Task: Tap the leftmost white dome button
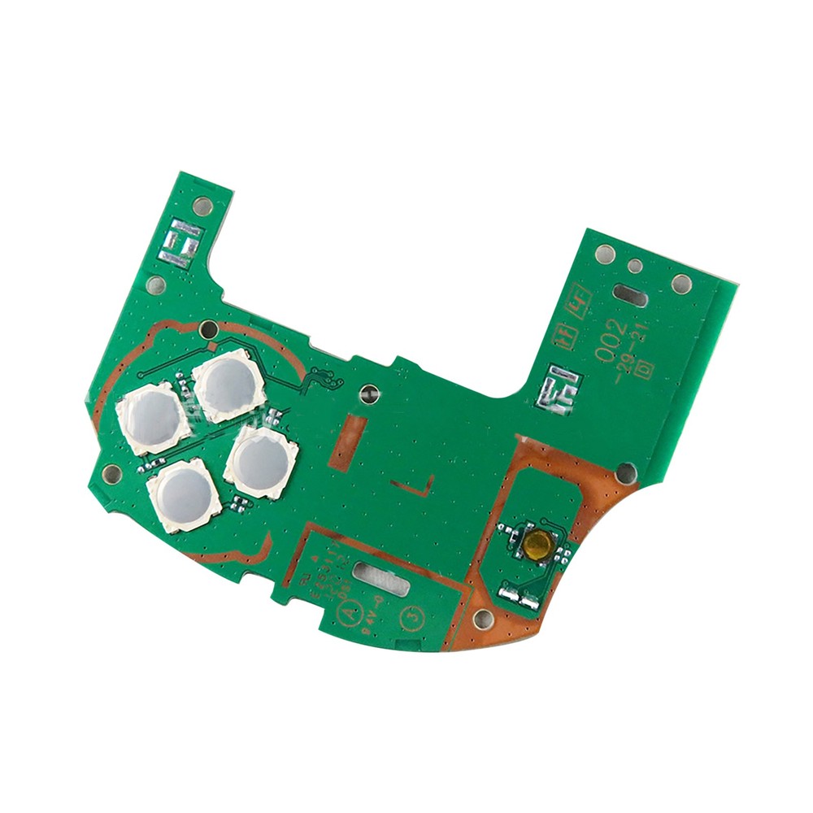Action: (152, 420)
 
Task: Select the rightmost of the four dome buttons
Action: (262, 461)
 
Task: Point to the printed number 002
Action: (612, 340)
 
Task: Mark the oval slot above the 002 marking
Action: (632, 294)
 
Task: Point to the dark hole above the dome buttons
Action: (209, 329)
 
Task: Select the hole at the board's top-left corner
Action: (203, 207)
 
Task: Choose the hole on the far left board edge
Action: (112, 474)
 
